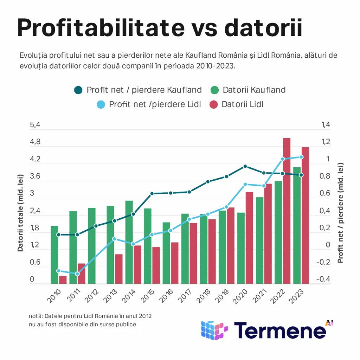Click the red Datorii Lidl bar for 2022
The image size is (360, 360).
point(287,211)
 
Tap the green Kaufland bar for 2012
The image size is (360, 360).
point(92,246)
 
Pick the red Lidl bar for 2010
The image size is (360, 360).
point(63,280)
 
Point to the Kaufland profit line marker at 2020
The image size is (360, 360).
point(245,166)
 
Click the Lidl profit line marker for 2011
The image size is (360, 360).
point(77,274)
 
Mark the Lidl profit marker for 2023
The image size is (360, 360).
point(301,157)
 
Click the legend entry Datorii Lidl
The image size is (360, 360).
point(243,104)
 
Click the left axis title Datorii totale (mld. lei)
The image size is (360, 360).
point(20,213)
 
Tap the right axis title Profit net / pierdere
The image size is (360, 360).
point(340,213)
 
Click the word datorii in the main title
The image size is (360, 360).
point(263,29)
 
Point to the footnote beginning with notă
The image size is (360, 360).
point(90,320)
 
